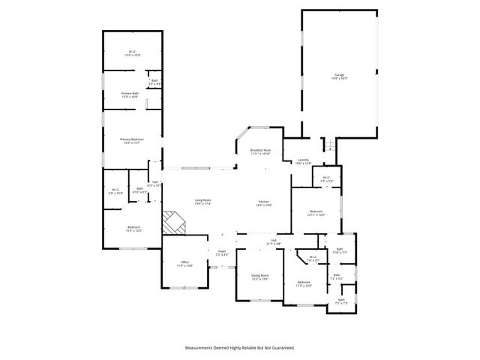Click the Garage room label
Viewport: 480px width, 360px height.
(339, 76)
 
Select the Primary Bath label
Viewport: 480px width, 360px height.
(130, 94)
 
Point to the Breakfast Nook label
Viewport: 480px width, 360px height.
(260, 151)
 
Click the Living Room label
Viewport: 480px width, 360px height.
(202, 201)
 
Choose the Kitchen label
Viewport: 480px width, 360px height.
(264, 202)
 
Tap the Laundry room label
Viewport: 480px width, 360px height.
(303, 161)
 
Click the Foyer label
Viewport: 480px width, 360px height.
(222, 253)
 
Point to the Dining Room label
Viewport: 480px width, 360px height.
(260, 277)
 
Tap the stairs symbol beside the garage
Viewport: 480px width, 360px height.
(325, 145)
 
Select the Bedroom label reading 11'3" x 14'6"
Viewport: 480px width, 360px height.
(303, 283)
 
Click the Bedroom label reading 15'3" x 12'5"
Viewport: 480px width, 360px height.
(133, 228)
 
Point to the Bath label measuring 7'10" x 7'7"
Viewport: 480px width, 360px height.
(339, 250)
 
